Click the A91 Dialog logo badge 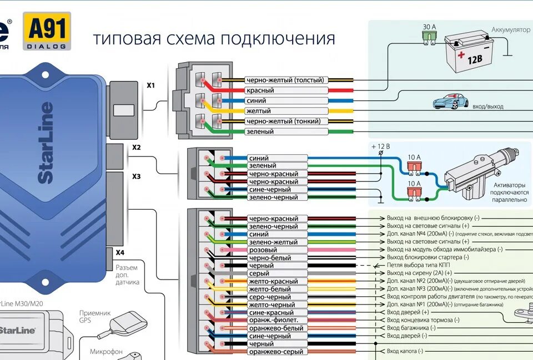[x=47, y=31]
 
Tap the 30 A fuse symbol [x=429, y=36]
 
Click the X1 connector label [x=151, y=86]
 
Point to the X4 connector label [x=120, y=252]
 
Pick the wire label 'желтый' [x=258, y=111]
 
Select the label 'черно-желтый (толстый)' [x=284, y=80]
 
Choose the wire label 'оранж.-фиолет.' [x=274, y=320]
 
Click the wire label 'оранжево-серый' [x=276, y=352]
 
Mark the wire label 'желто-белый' [x=269, y=289]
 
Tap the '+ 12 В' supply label [x=381, y=146]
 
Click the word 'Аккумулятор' [x=510, y=29]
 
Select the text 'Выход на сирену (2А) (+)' [x=419, y=273]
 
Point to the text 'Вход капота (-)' [x=405, y=351]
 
